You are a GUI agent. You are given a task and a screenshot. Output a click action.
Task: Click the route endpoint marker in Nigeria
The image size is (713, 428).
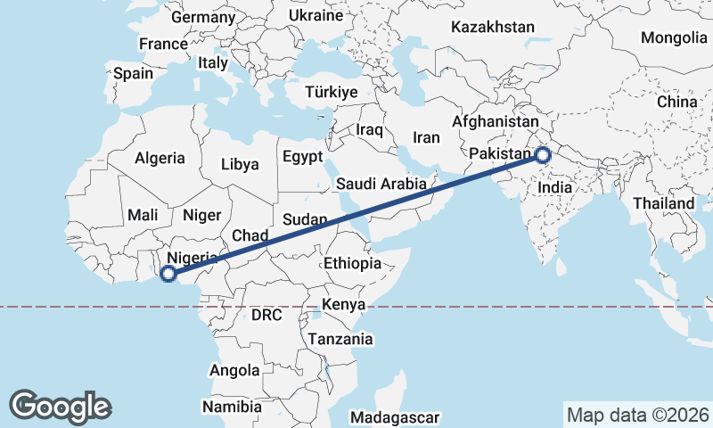point(168,274)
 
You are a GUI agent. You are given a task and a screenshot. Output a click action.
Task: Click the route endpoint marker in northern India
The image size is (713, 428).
point(543,156)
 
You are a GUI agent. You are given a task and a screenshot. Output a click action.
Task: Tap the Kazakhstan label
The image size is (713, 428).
point(492,28)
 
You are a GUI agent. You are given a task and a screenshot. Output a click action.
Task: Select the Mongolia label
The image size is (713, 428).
point(674,38)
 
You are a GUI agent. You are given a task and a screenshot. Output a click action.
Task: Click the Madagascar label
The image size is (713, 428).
point(396,417)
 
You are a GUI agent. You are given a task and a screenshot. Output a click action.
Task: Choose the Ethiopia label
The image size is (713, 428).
point(353,263)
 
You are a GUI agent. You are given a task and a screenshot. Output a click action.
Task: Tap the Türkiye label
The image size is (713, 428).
point(331,93)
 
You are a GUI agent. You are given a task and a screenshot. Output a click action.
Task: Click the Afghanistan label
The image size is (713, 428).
point(496,121)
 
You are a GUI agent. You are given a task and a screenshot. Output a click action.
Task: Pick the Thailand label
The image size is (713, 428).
point(663,203)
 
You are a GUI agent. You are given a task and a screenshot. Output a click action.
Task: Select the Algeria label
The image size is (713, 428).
point(160,159)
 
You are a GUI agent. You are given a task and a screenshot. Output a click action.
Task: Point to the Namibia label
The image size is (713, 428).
point(232,407)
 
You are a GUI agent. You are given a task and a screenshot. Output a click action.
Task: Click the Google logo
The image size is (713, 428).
point(61,406)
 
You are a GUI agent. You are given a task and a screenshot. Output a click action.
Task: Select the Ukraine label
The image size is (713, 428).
point(316,16)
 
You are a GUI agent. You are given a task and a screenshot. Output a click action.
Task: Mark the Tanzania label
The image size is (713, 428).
point(340,339)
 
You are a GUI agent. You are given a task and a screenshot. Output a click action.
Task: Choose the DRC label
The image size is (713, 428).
point(266,315)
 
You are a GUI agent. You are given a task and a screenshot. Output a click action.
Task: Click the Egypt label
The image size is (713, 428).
point(302,156)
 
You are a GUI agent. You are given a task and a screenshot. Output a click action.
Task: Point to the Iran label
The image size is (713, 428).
point(426,137)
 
